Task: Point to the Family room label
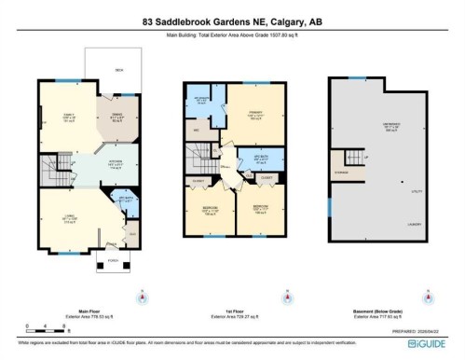coord(67,117)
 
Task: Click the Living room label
coord(69,220)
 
